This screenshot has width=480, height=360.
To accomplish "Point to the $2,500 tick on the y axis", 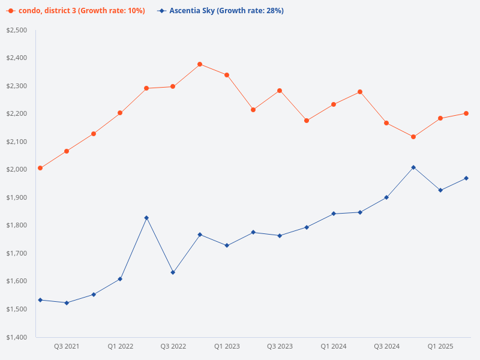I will point(17,30).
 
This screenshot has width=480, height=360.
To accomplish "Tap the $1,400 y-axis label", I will point(17,337).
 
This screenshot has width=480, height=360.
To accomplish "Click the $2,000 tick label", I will point(17,170).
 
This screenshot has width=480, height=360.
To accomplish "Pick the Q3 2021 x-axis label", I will point(67,347).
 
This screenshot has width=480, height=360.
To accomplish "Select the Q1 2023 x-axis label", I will point(227,347).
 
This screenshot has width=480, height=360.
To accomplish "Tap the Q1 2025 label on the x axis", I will point(440,347).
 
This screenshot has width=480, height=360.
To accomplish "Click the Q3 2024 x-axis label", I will point(386,347).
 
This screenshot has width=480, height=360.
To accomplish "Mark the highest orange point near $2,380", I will point(200,64).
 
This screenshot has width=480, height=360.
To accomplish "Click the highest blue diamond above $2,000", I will point(413,167).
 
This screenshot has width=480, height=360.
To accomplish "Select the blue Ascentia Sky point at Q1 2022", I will point(120,279).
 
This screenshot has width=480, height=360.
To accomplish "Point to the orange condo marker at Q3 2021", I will point(67,151).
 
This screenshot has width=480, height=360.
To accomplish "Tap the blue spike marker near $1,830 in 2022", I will point(146,218).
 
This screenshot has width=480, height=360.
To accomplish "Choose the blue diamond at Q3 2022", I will point(173,272).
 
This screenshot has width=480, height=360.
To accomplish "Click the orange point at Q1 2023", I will point(227,75).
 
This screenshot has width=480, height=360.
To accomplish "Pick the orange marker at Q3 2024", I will point(386,123).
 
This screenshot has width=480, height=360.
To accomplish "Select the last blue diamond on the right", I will point(466,178).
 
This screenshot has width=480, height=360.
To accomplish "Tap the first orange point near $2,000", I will point(40,168).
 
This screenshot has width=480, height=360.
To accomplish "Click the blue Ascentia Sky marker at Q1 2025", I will point(440,190).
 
